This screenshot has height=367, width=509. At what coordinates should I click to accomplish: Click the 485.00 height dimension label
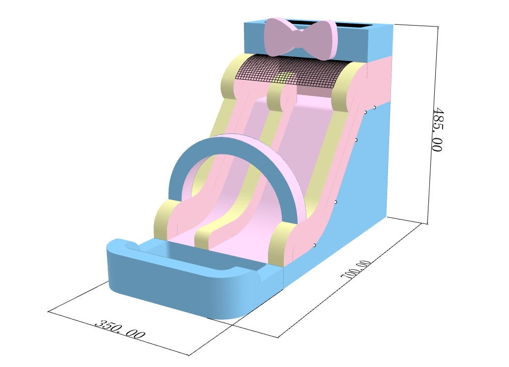(x=437, y=129)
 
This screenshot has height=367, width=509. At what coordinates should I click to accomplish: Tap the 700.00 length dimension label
(x=356, y=269)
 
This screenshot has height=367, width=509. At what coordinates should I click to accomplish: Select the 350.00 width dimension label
(x=120, y=330)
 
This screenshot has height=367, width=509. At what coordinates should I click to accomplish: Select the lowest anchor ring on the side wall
(x=314, y=245)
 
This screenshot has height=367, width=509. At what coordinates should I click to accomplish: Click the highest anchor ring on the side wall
(x=374, y=107)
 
